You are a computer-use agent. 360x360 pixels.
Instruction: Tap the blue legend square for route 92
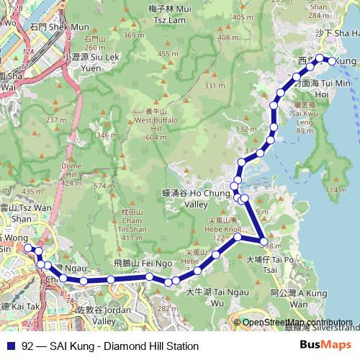8,346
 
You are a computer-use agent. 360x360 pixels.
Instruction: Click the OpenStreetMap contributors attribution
297,323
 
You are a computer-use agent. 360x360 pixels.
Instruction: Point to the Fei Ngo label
154,264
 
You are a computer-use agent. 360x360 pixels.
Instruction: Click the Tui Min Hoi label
312,89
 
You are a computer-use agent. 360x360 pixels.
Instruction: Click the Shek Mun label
49,27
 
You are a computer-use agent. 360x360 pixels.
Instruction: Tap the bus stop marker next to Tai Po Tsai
264,241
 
